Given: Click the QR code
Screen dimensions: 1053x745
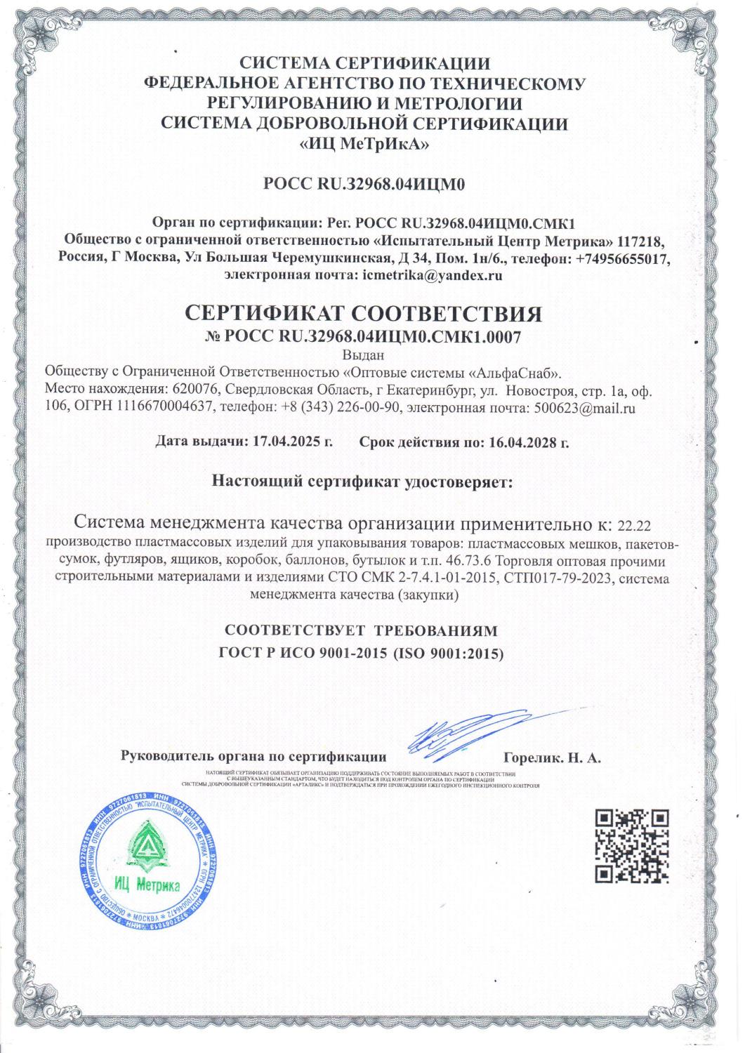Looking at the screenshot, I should (x=632, y=846).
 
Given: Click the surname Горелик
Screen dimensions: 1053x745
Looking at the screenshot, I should (x=531, y=757).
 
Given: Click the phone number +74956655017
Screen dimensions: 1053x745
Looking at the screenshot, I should (x=621, y=258).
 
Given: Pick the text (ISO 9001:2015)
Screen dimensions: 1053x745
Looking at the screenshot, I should (x=448, y=654).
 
